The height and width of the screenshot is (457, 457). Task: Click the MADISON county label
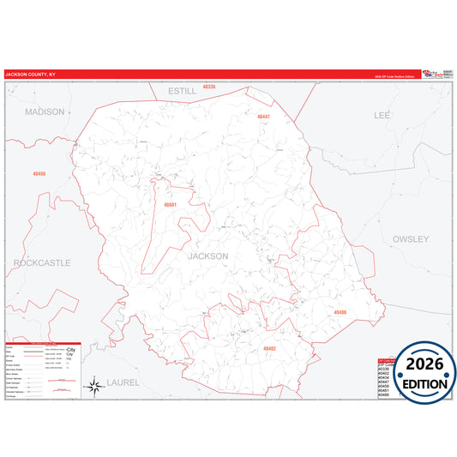pos(45,111)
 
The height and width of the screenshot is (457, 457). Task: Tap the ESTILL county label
pos(182,90)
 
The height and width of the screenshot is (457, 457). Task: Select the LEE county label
pos(382,114)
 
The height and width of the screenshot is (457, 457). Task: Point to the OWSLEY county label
pos(410,239)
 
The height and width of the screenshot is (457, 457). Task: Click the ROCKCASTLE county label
pos(42,262)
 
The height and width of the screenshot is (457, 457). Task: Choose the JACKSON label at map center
pos(207,256)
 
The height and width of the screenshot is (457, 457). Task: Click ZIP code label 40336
pos(209,87)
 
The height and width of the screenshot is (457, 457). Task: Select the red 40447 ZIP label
pos(262,116)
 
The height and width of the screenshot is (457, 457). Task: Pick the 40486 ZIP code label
pos(340,312)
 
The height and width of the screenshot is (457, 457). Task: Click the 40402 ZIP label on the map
pos(270,349)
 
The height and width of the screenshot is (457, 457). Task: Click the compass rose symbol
pos(94,388)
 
